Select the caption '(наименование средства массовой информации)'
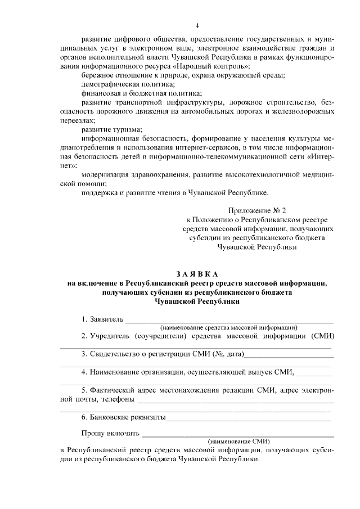229,327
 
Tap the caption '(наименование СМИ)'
238,441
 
